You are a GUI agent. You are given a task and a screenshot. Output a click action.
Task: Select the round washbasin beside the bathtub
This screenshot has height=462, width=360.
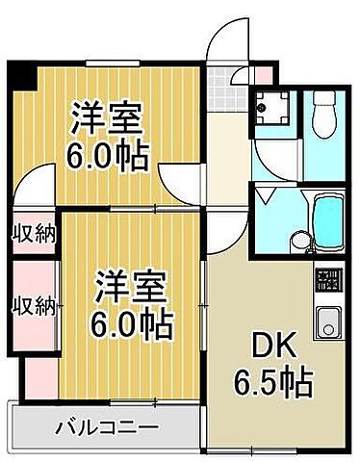tap(302, 242)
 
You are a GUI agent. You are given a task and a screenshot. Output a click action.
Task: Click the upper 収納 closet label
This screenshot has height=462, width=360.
tap(34, 233)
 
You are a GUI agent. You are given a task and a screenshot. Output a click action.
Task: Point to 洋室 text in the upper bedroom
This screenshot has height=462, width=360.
tap(108, 119)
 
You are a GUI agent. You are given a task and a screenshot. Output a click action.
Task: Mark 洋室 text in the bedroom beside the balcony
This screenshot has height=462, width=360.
tap(132, 285)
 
